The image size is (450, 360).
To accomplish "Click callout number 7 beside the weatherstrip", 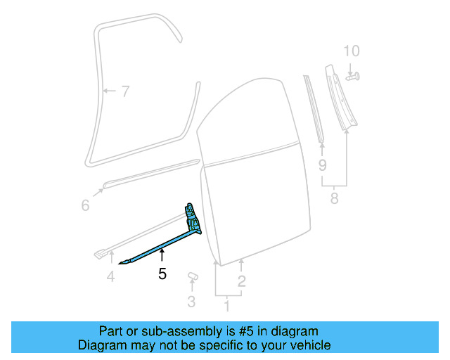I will (x=125, y=91).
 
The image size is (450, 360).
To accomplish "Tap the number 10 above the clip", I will (x=351, y=51).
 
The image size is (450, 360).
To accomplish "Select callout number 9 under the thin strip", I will (x=323, y=166).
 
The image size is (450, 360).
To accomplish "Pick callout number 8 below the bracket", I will (x=334, y=198).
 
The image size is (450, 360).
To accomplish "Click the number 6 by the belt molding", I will (x=85, y=205).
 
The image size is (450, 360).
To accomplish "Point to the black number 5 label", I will (x=162, y=274).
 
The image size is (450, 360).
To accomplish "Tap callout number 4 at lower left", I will (x=110, y=277).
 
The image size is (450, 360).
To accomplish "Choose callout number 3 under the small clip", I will (x=191, y=302).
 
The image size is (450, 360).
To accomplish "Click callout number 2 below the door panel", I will (x=241, y=283).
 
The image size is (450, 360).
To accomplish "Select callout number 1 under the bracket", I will (x=226, y=307).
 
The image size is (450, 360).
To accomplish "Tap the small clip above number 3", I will (x=193, y=276).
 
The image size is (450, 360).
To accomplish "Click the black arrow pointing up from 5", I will (x=162, y=255).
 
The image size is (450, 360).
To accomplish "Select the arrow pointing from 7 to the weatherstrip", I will (x=109, y=91).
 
